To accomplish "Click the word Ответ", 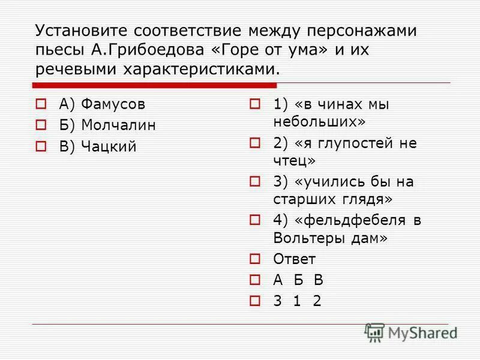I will [x=294, y=259].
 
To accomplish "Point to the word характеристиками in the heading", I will [x=200, y=68].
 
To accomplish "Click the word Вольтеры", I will [x=313, y=238].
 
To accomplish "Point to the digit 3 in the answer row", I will [x=277, y=301].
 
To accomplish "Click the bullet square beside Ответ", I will [x=254, y=259].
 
